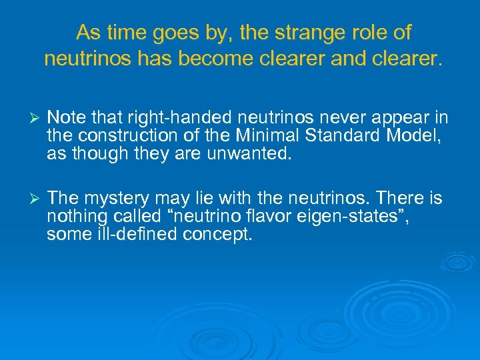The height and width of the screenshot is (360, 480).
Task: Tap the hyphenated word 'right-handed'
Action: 170,118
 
